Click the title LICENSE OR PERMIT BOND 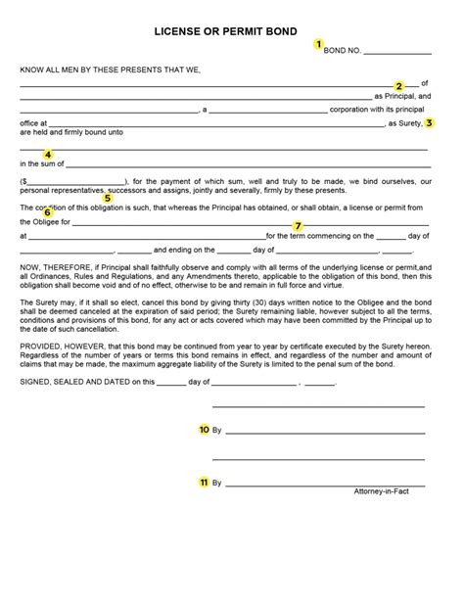click(x=231, y=31)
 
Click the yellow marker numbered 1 click(x=318, y=44)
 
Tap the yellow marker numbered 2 click(x=399, y=85)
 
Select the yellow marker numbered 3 click(x=429, y=123)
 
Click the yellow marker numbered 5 click(x=108, y=197)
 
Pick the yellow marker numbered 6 click(x=47, y=212)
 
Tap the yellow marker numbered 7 click(x=298, y=226)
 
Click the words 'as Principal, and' click(x=402, y=97)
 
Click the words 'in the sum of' click(x=39, y=163)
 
